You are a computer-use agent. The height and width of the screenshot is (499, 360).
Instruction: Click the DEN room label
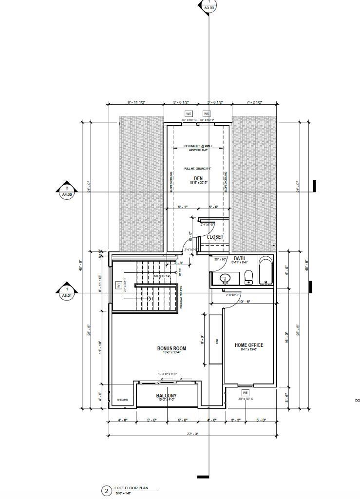pyautogui.click(x=198, y=178)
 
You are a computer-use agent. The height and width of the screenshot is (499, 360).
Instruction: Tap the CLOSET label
pyautogui.click(x=215, y=237)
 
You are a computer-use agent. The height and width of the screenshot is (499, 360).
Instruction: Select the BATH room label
pyautogui.click(x=239, y=258)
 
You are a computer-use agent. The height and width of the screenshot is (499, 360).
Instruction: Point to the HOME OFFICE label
pyautogui.click(x=249, y=345)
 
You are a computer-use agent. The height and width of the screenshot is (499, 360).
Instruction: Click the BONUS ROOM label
pyautogui.click(x=171, y=348)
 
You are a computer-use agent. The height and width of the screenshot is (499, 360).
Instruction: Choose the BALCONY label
pyautogui.click(x=166, y=396)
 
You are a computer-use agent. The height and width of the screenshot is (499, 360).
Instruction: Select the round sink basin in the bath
pyautogui.click(x=225, y=279)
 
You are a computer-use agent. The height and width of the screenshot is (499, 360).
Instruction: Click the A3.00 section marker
pyautogui.click(x=208, y=6)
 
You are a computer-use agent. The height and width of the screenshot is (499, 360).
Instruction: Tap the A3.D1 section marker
pyautogui.click(x=67, y=292)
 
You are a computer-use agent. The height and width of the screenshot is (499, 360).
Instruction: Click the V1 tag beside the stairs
pyautogui.click(x=118, y=285)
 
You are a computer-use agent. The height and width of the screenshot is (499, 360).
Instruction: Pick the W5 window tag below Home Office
pyautogui.click(x=246, y=392)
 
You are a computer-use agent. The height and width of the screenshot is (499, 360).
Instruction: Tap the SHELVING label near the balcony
pyautogui.click(x=122, y=400)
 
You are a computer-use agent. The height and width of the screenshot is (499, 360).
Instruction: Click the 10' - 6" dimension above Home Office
pyautogui.click(x=244, y=302)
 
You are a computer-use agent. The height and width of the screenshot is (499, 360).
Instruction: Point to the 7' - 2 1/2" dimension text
pyautogui.click(x=254, y=103)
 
